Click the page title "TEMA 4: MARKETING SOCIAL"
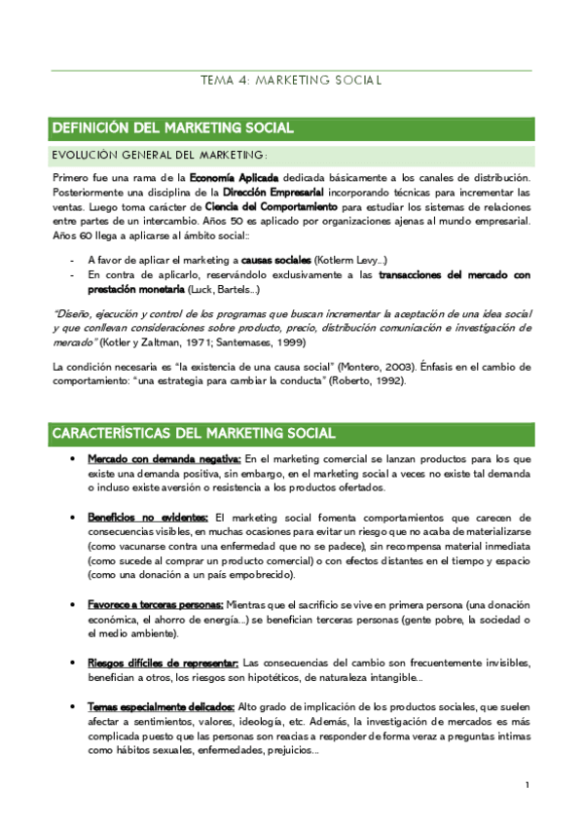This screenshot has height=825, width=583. coord(291,81)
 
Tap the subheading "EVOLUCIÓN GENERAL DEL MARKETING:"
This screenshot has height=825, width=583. coord(159,156)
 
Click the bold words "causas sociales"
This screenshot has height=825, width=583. coord(276,261)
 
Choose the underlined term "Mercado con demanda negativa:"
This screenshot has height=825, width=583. coord(164,458)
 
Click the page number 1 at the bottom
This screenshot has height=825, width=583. coord(527,785)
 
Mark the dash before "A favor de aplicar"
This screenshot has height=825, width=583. coord(74,261)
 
